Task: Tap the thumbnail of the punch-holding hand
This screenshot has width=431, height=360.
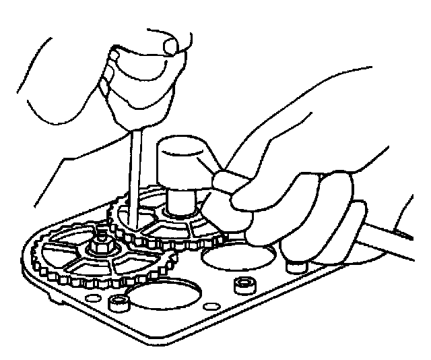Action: click(x=168, y=46)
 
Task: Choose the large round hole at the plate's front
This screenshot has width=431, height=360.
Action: click(x=162, y=296)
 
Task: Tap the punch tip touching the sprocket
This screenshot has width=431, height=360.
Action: click(x=135, y=223)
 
